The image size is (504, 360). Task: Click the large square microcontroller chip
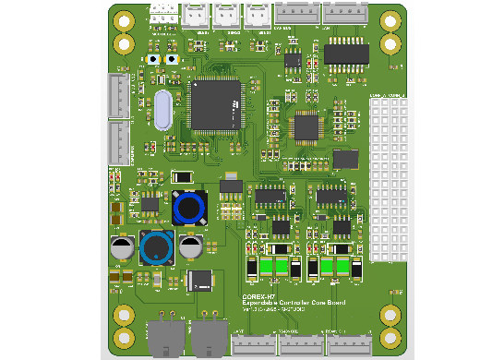[x=214, y=104]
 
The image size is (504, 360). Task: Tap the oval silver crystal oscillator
[x=162, y=110]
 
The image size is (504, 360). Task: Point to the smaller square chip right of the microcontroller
[x=307, y=127]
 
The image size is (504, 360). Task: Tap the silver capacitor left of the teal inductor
[x=121, y=246]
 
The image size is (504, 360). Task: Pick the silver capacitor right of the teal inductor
[x=190, y=246]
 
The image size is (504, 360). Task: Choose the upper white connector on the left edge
[x=118, y=96]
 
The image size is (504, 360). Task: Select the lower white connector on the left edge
[x=118, y=144]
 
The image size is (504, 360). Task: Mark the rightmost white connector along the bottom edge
[x=348, y=343]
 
